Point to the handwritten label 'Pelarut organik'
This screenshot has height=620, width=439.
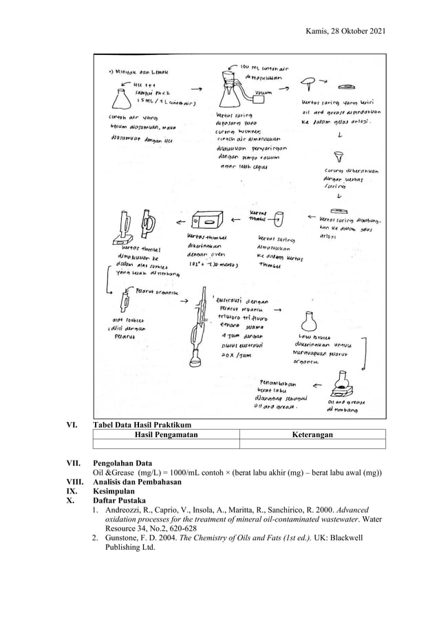tap(158, 290)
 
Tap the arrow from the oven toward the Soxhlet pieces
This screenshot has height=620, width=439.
tap(178, 221)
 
